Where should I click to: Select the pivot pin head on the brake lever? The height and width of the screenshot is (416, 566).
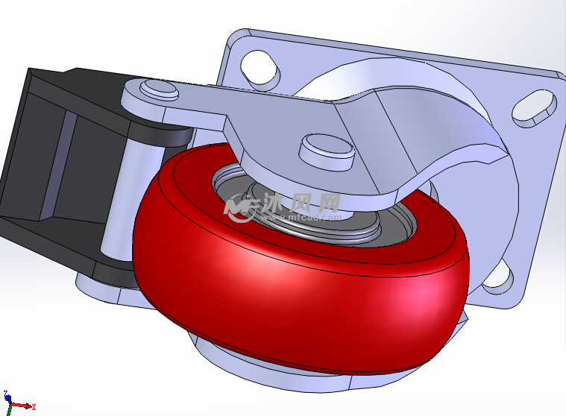point(160,90)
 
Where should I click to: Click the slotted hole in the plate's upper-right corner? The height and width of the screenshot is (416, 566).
point(535,105)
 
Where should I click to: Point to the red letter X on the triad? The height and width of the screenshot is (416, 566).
point(34,407)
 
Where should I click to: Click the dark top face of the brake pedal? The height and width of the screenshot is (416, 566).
point(75,82)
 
